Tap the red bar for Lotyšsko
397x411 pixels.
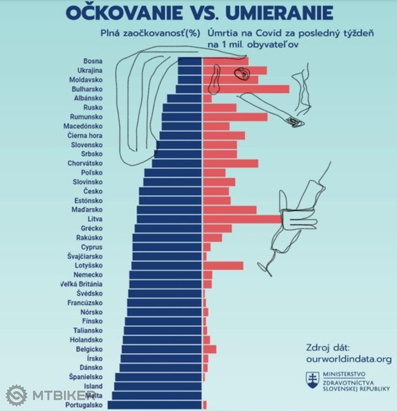coord(223,265)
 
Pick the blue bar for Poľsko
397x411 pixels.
coord(173,172)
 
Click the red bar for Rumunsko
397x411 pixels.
coord(235,117)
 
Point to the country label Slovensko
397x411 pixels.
coord(86,145)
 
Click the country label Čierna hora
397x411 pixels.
coord(85,136)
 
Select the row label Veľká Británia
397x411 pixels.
coord(81,284)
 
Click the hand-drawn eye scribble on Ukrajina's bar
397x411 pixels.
coord(241,74)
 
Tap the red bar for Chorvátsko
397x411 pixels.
coord(231,163)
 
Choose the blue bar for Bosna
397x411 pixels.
coord(189,61)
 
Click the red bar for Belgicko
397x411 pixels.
coord(210,349)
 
